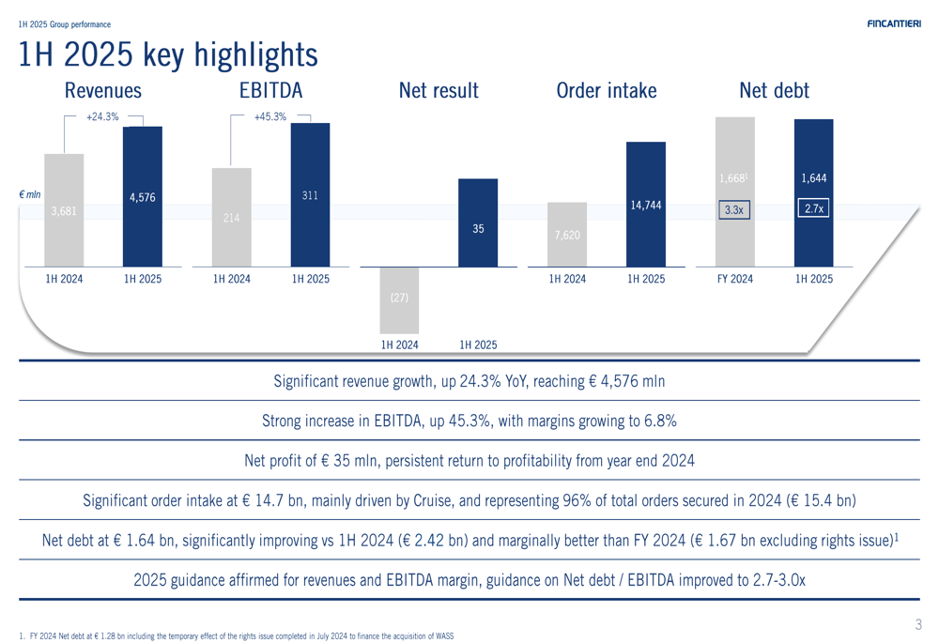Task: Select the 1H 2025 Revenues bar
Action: click(142, 197)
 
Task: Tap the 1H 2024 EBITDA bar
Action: click(232, 218)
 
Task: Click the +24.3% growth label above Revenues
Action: click(102, 117)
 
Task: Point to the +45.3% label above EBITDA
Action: click(270, 117)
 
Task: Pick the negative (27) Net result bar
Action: click(399, 298)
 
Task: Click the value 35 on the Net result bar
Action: click(478, 228)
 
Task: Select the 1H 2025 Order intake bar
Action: click(645, 205)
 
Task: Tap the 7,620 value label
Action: click(567, 235)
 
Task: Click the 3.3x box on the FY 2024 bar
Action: click(733, 210)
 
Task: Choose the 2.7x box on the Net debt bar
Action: click(813, 209)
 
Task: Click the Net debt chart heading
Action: click(774, 91)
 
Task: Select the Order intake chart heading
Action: click(607, 91)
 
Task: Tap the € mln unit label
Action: click(30, 195)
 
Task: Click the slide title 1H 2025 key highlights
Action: click(168, 55)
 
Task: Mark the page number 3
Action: click(918, 624)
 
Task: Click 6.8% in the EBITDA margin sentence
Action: click(657, 421)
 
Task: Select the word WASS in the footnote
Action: click(443, 636)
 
